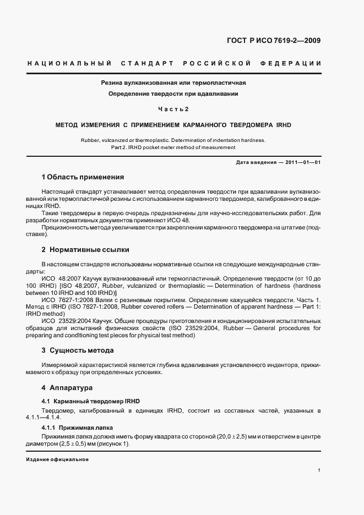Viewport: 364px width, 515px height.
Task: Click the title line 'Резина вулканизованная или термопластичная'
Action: pos(173,83)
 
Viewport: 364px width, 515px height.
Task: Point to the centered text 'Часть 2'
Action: pos(173,108)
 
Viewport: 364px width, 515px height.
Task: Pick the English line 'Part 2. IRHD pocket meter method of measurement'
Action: pos(173,147)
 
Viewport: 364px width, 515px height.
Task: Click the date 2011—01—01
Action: pos(306,162)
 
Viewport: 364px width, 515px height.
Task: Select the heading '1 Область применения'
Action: pos(83,178)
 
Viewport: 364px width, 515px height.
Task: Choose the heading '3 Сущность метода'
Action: pos(78,350)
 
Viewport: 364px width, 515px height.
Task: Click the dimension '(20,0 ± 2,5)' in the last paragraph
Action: pos(213,436)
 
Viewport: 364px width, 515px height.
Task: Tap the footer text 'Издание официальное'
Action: pos(57,459)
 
